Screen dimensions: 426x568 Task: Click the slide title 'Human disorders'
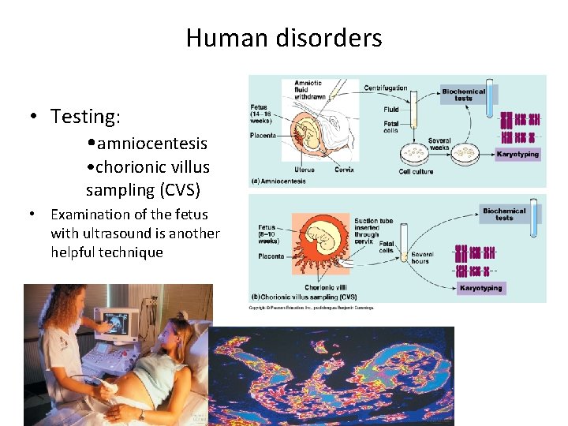(284, 38)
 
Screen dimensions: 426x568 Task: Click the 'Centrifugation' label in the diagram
(386, 88)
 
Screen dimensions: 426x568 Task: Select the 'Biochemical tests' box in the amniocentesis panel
(463, 95)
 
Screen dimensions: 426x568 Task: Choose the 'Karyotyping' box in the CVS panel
(480, 288)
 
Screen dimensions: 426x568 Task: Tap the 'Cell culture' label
(416, 171)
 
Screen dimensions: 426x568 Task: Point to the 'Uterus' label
(304, 168)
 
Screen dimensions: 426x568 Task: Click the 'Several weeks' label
(439, 144)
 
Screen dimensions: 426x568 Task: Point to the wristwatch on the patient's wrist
(141, 413)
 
